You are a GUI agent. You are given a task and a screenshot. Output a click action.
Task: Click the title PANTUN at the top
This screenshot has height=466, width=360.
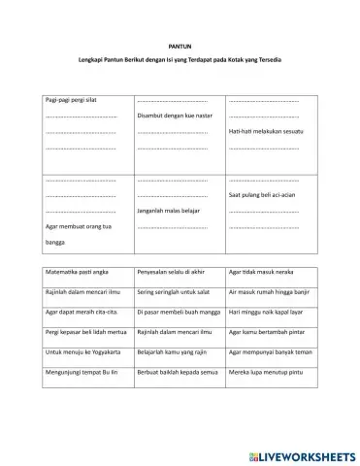(180, 46)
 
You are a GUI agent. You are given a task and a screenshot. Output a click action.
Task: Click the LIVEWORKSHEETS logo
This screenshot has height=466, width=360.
(301, 454)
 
